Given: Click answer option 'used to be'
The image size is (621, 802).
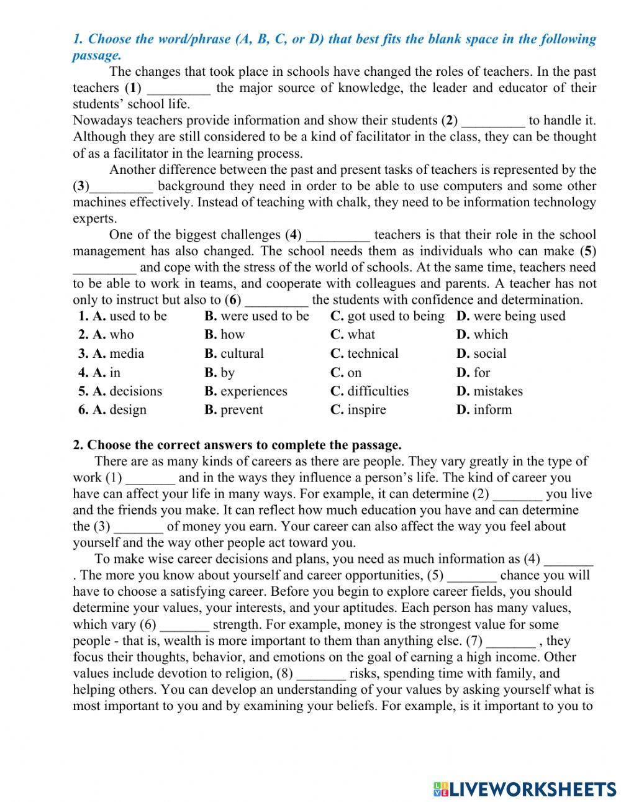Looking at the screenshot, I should coord(138,316).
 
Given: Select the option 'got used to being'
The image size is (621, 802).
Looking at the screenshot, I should coord(396,316).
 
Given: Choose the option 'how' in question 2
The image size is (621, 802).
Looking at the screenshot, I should coord(232,335).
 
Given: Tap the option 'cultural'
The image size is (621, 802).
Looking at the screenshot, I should coord(242,353).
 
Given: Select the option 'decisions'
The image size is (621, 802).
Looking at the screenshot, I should coord(135,391).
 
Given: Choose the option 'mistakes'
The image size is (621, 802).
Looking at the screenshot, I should coord(497,391).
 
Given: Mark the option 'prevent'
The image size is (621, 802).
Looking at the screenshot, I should coord(242,410).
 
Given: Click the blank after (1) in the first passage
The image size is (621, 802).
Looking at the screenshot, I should coord(179,88).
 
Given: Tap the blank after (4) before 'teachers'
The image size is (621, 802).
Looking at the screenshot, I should coord(338,235).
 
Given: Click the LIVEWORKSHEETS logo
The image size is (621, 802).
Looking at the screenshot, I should coord(525,788).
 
